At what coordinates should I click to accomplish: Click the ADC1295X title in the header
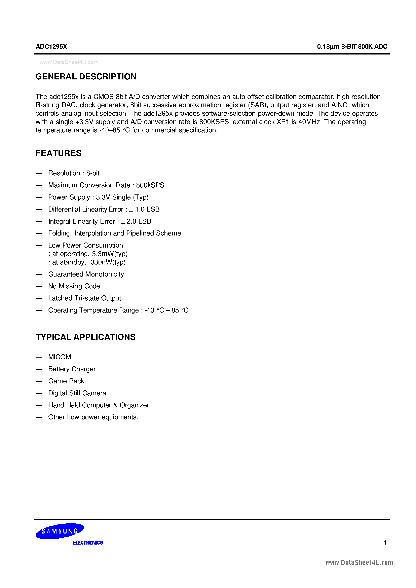coord(51,46)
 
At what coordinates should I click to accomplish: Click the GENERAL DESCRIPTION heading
coord(86,77)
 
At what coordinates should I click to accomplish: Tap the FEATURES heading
coord(58,153)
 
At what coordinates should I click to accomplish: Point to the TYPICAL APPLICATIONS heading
coord(86,337)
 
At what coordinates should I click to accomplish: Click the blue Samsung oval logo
coord(60,531)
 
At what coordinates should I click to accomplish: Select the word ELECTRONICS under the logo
coord(88,543)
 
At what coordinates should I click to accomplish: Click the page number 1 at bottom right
coord(385,542)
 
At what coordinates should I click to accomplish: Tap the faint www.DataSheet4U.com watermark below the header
coord(69,62)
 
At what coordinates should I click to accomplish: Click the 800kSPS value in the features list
coord(150,185)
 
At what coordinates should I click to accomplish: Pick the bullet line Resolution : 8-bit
coord(74,173)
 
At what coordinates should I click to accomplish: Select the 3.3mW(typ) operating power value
coord(110,254)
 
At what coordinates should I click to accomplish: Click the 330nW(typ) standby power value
coord(108,262)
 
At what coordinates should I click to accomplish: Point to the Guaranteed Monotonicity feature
coord(86,274)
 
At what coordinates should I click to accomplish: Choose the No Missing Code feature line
coord(74,286)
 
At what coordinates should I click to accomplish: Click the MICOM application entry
coord(60,357)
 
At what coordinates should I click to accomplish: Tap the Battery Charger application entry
coord(72,369)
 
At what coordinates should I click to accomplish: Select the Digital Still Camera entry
coord(77,393)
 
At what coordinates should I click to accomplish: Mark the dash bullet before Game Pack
coord(39,381)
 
